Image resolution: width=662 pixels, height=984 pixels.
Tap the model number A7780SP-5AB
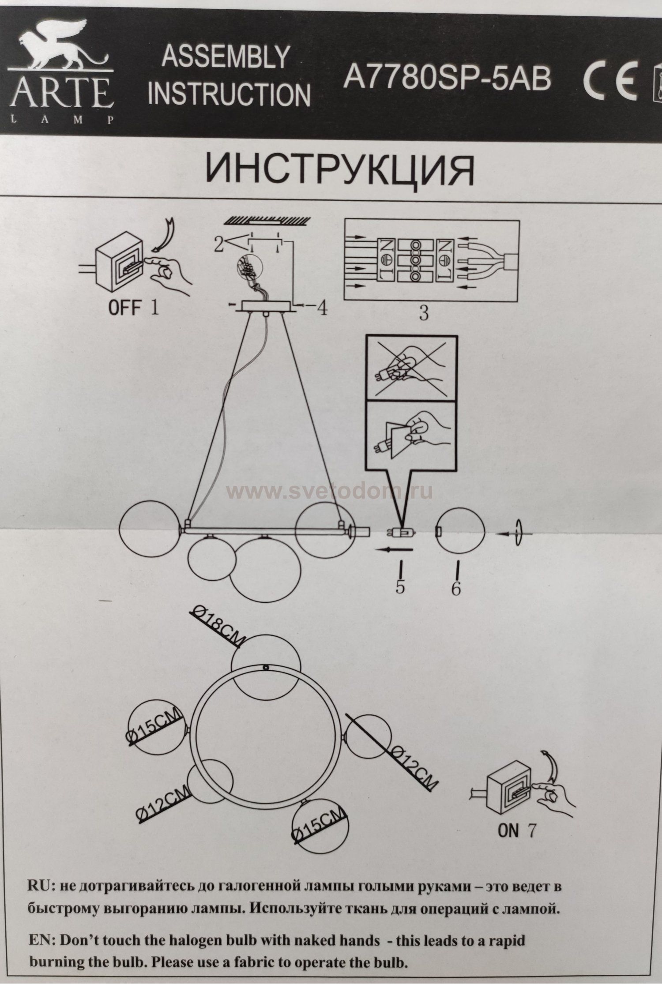[447, 78]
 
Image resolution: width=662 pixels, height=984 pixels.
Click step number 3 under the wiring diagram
[423, 313]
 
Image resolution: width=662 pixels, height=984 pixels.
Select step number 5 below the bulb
[400, 587]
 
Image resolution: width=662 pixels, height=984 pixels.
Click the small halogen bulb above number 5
[402, 533]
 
